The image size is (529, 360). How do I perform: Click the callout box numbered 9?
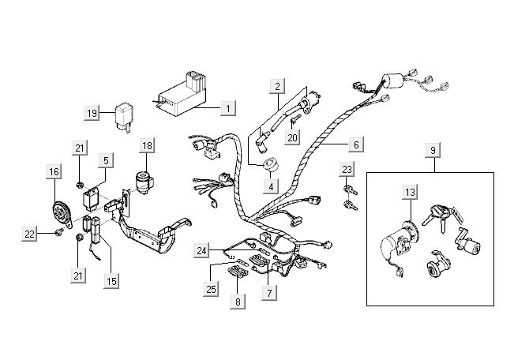[x=432, y=149]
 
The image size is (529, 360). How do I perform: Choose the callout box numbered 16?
[x=53, y=172]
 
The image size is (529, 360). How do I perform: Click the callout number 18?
[x=148, y=145]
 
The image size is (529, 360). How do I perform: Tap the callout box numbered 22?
[x=30, y=234]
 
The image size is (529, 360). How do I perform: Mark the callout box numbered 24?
[x=203, y=251]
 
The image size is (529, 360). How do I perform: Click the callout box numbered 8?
[x=237, y=300]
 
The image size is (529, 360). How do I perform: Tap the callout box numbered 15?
[x=111, y=280]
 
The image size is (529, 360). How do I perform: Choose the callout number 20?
[x=293, y=138]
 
